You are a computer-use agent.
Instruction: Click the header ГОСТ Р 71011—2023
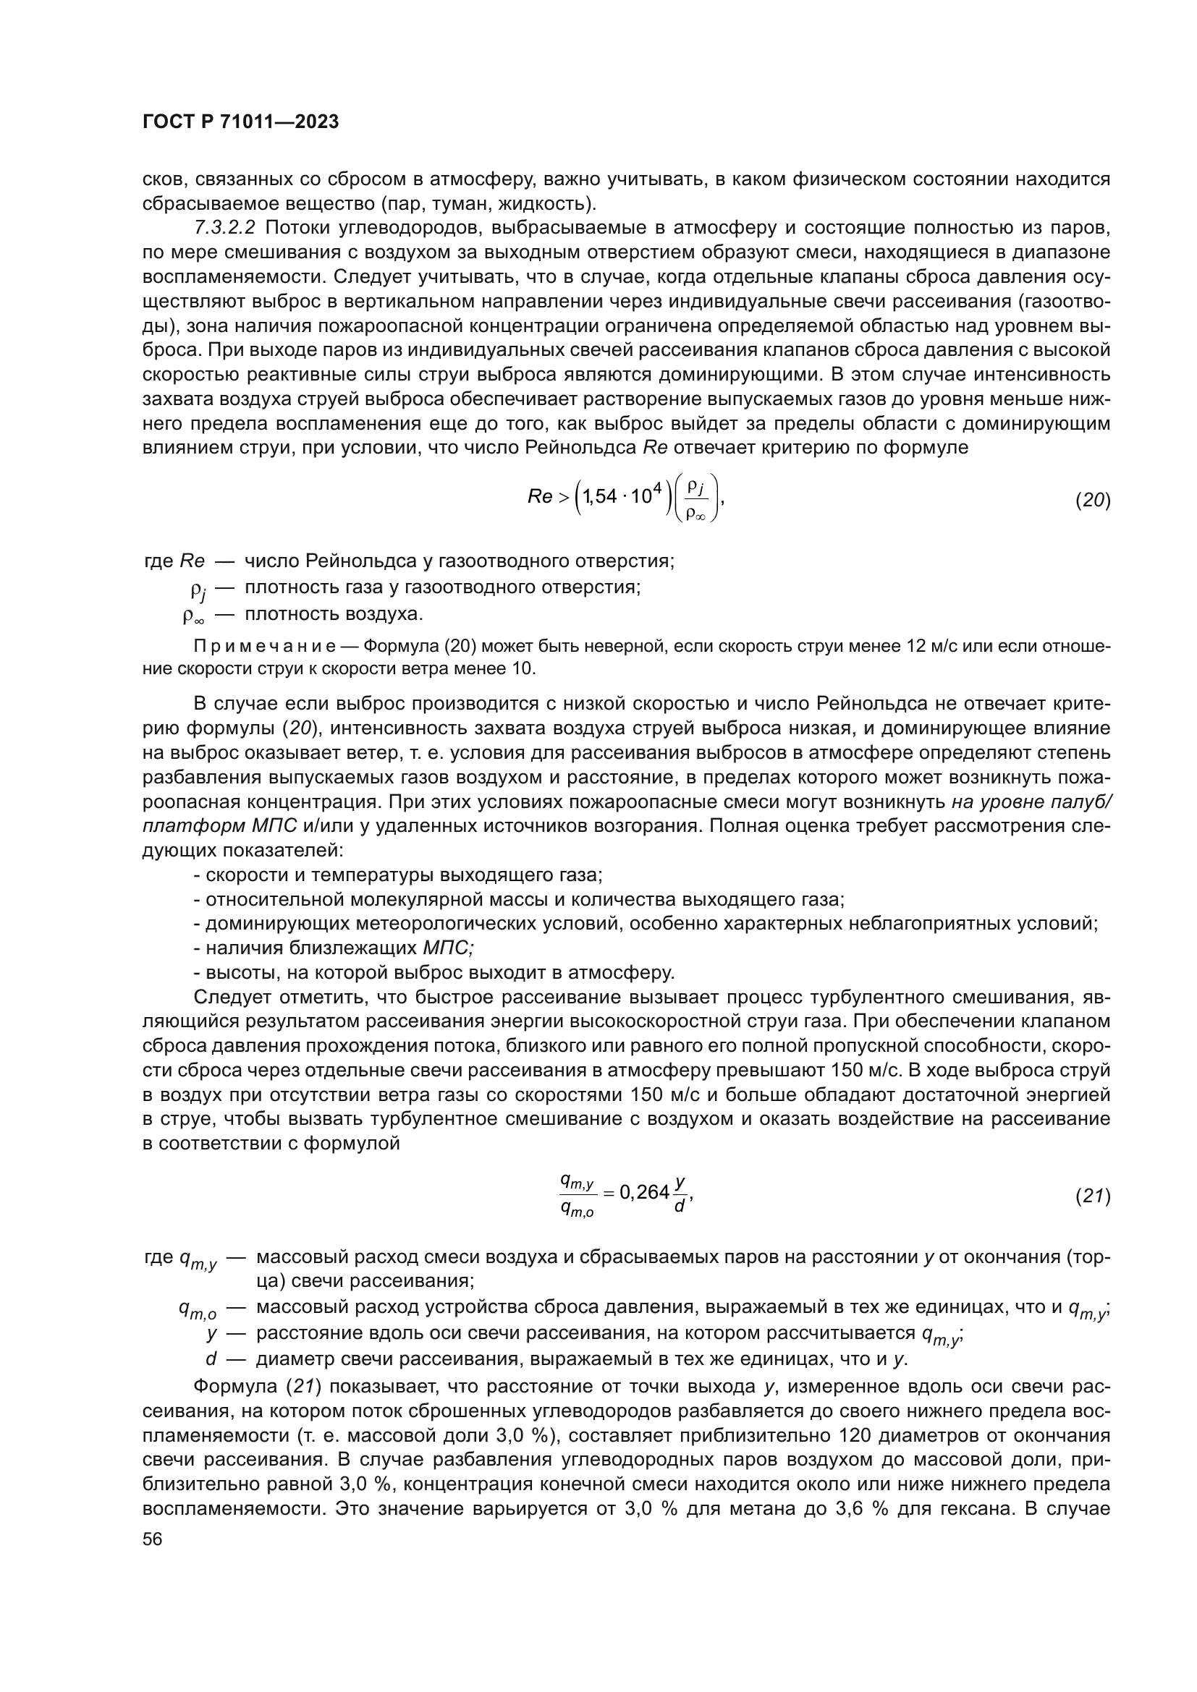(240, 122)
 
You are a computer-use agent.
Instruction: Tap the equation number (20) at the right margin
(1092, 501)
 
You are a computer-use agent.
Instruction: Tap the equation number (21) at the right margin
(1092, 1196)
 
